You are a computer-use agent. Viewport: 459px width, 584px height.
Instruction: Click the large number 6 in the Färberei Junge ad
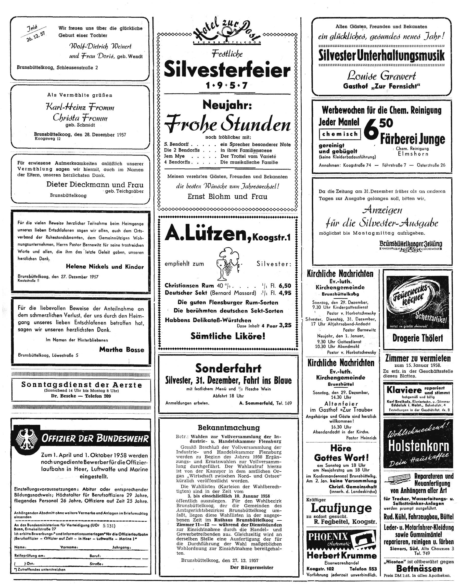[x=371, y=132]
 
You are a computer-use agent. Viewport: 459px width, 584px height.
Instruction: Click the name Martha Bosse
[x=121, y=349]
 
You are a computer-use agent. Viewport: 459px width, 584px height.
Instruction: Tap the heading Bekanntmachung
[x=229, y=428]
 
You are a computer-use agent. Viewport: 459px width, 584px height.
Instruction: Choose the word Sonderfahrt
[x=228, y=368]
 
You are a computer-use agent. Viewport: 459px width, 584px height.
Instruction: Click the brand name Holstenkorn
[x=418, y=446]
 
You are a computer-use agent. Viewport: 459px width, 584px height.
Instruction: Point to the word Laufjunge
[x=341, y=508]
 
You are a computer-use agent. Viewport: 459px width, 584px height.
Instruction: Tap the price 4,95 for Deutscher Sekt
[x=285, y=293]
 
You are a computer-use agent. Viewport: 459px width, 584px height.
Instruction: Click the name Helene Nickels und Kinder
[x=105, y=266]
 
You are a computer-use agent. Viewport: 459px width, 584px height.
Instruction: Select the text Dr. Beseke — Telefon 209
[x=81, y=396]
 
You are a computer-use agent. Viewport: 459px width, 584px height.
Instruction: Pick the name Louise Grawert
[x=381, y=76]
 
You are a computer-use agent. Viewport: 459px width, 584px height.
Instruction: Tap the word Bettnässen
[x=419, y=568]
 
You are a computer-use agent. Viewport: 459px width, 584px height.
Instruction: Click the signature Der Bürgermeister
[x=251, y=567]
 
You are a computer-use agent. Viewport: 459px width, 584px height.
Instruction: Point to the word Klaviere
[x=404, y=390]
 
